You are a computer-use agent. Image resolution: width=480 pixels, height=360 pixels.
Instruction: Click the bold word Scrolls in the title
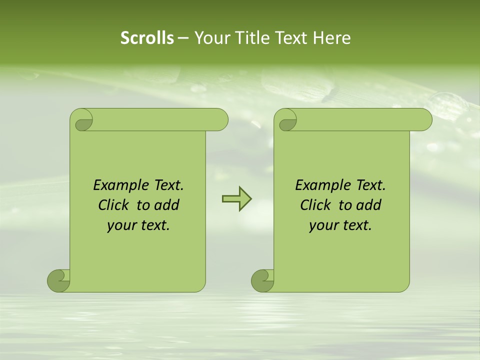click(147, 38)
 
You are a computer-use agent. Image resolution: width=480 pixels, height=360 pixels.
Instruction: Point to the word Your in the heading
click(211, 38)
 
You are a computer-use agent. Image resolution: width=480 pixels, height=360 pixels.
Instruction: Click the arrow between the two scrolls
click(236, 199)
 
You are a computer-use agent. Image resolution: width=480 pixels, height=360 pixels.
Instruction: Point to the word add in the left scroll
click(166, 205)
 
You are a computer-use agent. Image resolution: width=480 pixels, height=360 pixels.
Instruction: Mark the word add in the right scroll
click(368, 205)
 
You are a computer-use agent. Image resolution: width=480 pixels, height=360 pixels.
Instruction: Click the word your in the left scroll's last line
click(120, 226)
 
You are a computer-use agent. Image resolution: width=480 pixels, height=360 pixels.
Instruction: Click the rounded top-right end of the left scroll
click(220, 119)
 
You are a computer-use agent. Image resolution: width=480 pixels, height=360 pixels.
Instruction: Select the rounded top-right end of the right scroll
click(424, 119)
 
